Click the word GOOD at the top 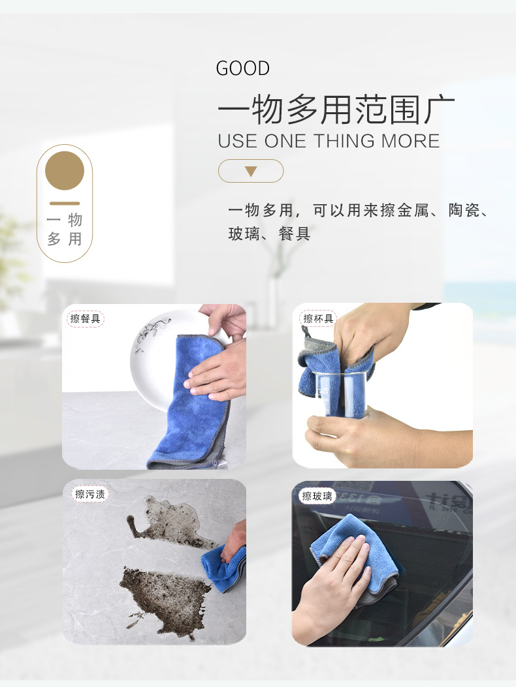242,69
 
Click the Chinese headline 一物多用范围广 336,109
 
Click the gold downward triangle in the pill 251,172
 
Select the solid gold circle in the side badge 65,170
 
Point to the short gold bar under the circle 65,204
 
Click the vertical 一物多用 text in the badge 65,229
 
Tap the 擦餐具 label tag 86,318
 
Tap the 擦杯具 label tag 318,318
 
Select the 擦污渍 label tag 90,495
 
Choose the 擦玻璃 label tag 317,496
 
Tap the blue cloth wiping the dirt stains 224,568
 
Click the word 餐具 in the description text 295,234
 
